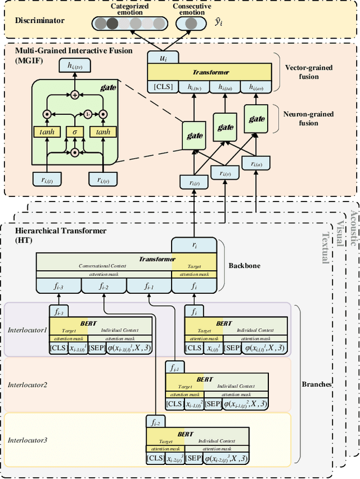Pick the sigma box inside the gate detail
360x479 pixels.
click(x=74, y=131)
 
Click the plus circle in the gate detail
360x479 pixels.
click(x=74, y=95)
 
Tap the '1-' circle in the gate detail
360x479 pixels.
click(x=88, y=113)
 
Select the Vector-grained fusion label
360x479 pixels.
click(x=309, y=71)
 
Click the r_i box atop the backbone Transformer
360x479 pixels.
click(x=194, y=244)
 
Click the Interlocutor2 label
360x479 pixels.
click(x=28, y=385)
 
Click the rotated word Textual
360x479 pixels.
click(x=325, y=248)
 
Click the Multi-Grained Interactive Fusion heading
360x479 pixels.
click(x=74, y=51)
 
